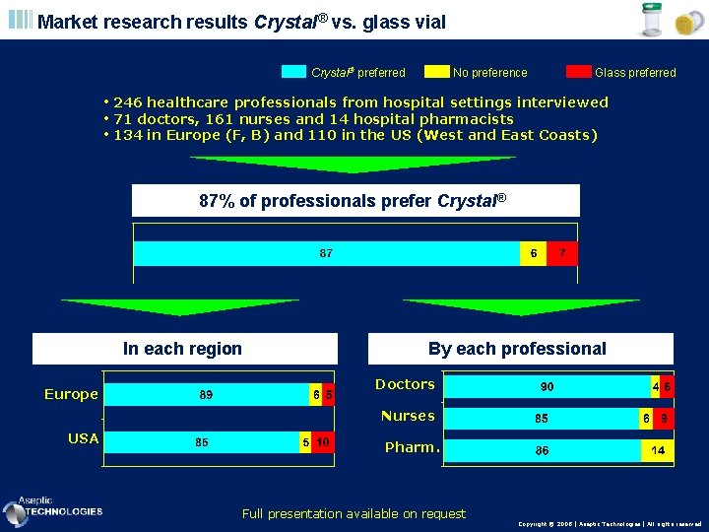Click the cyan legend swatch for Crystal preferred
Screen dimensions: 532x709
[294, 72]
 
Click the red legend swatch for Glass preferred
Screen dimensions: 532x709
[579, 72]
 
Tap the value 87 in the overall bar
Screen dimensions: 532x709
[326, 253]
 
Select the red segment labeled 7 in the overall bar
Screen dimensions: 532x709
[561, 253]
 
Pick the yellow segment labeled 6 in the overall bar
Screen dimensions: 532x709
[533, 253]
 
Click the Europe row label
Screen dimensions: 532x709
[71, 394]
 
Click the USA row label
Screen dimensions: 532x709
[83, 438]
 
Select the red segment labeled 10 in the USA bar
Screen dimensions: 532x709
[323, 442]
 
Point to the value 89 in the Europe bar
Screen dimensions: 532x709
[207, 395]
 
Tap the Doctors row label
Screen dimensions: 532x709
[405, 384]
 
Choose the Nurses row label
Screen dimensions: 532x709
[408, 416]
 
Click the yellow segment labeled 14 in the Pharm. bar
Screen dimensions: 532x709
[657, 451]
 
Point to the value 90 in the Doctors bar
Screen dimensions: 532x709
[547, 387]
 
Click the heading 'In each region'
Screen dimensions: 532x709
[182, 349]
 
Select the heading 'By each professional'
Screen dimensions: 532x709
[517, 349]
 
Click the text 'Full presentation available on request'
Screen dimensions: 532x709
[354, 513]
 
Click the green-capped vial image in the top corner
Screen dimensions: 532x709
[652, 20]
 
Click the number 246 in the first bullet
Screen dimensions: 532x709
[130, 102]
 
